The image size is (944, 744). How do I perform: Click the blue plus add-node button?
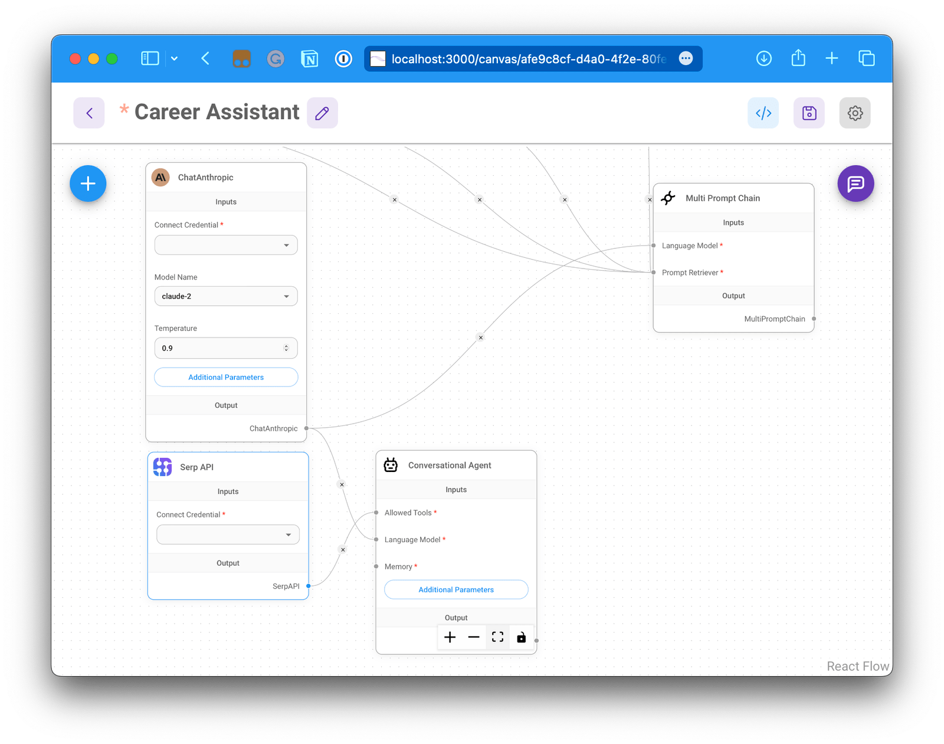(88, 183)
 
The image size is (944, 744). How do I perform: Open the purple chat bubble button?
(855, 183)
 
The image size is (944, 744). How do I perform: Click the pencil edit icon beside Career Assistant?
(322, 113)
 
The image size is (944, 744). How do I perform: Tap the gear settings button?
(855, 113)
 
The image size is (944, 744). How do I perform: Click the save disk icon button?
(809, 113)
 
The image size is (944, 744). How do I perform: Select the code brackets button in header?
(763, 113)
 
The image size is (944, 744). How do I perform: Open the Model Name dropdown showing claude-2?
(226, 296)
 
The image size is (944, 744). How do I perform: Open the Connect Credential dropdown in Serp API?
(228, 535)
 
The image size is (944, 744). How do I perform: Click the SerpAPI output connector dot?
(308, 586)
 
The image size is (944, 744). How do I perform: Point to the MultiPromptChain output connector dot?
(814, 319)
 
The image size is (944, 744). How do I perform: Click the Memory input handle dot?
(376, 566)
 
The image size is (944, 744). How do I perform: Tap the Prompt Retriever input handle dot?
(654, 273)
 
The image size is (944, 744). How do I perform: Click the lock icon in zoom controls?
(522, 637)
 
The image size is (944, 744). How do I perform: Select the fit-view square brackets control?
(497, 637)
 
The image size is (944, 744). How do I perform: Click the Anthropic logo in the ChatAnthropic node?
(160, 177)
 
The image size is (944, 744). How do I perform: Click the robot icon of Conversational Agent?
(391, 465)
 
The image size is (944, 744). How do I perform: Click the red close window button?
(75, 59)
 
